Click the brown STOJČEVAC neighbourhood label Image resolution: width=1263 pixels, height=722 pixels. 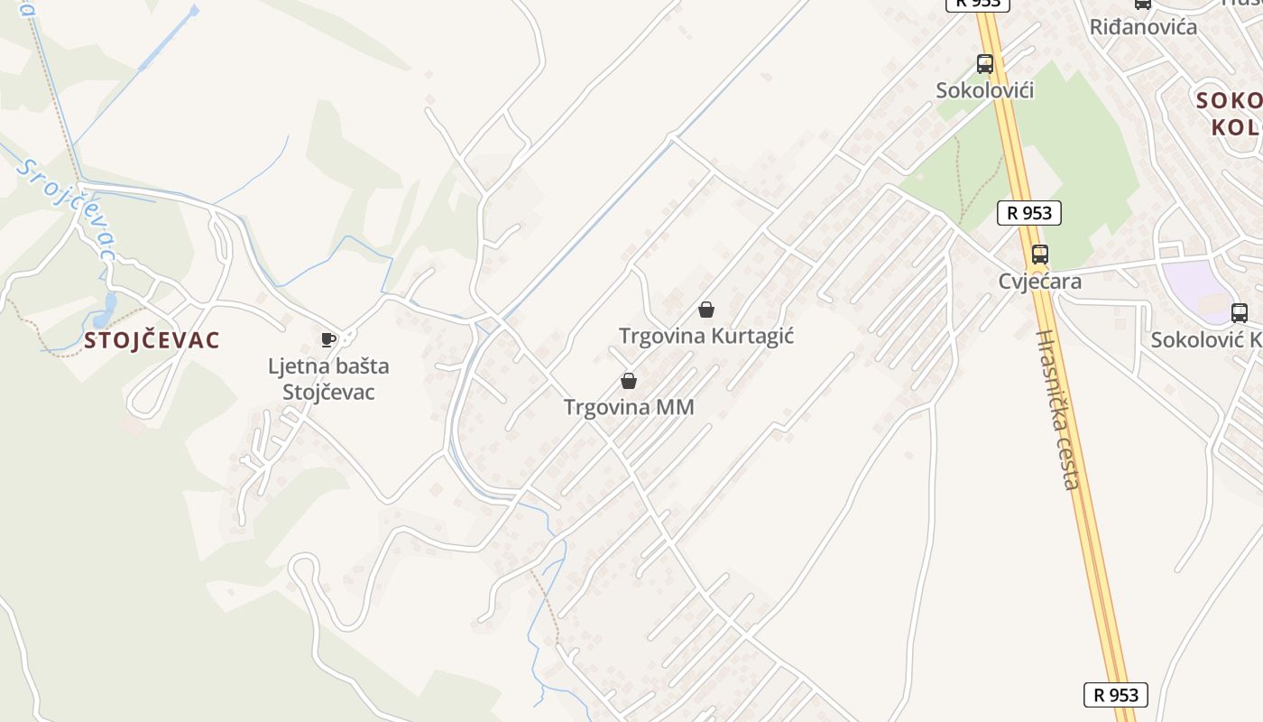[x=152, y=340]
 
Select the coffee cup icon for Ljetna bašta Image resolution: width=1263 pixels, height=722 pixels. [x=328, y=339]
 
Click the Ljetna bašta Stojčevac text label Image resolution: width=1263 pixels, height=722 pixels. [x=328, y=379]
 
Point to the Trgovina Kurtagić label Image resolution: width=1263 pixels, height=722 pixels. [x=706, y=336]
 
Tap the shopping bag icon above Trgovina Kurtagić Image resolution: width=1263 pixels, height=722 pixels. [x=706, y=310]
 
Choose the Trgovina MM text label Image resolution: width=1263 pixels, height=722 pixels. [x=629, y=407]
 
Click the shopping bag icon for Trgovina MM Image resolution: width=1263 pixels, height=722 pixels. [x=629, y=381]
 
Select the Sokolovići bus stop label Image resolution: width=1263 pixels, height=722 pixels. [x=984, y=90]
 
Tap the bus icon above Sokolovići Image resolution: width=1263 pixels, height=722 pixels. [x=984, y=64]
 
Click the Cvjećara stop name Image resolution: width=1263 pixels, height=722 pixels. [x=1039, y=281]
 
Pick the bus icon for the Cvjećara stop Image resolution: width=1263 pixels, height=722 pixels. [x=1039, y=254]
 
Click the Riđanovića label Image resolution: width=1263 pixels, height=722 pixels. [x=1143, y=26]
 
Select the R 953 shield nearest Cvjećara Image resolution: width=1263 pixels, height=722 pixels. [x=1028, y=213]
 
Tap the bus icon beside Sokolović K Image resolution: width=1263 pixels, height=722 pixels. [x=1240, y=313]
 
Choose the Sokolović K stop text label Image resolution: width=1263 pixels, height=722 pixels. [x=1205, y=339]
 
